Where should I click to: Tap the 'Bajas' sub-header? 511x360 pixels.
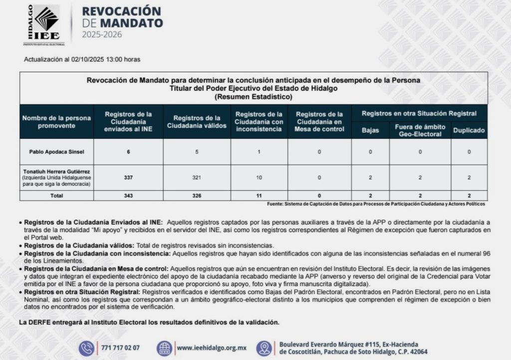[370, 130]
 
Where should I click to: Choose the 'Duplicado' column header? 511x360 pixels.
[469, 130]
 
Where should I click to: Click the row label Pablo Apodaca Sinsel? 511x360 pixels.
[56, 152]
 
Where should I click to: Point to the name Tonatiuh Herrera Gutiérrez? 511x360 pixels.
[56, 171]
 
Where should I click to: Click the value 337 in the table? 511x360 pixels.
[128, 177]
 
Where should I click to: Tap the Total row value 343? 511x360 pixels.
[128, 196]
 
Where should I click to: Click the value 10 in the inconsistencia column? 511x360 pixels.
[258, 177]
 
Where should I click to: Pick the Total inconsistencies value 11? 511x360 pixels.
[258, 196]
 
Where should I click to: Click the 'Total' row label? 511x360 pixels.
[56, 196]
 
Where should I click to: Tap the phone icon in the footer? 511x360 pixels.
[86, 348]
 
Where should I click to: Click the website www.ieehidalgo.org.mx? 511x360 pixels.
[212, 348]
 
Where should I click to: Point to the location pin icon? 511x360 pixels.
[264, 348]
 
